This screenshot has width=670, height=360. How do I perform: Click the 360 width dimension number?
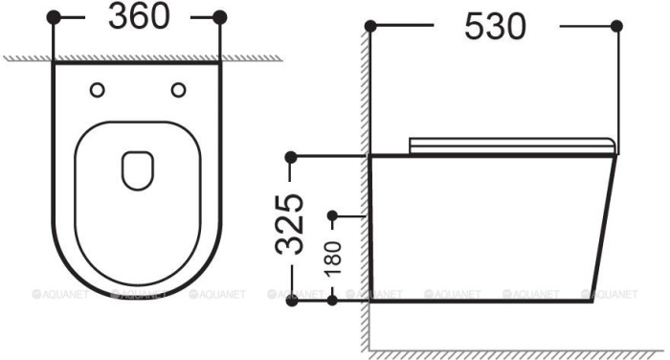[139, 16]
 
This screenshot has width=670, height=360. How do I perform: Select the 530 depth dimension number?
[495, 27]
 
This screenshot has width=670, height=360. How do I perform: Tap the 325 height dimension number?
[290, 224]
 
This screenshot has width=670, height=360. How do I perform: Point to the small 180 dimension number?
[334, 258]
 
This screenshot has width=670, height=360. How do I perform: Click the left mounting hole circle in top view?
[98, 90]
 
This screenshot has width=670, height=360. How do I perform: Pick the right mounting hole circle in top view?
[178, 90]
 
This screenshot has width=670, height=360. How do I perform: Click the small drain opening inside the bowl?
[138, 170]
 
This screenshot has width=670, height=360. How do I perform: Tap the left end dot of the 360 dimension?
[54, 17]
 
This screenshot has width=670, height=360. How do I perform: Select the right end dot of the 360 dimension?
[219, 17]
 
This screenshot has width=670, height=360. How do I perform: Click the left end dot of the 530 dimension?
[370, 27]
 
